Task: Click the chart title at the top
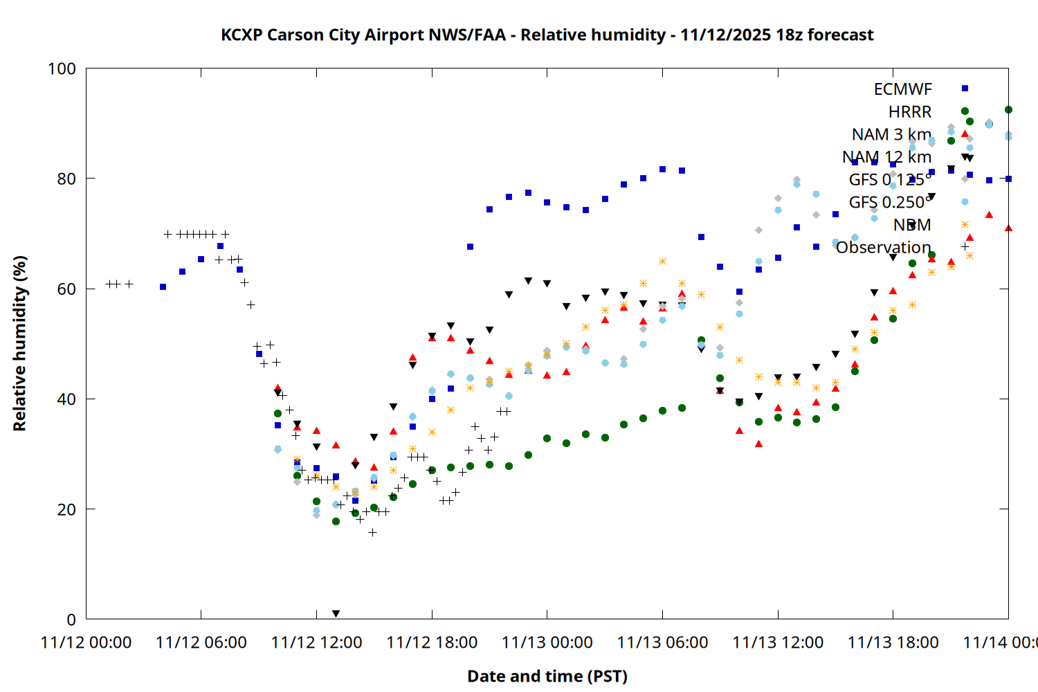click(x=547, y=35)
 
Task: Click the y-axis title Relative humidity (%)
click(x=19, y=343)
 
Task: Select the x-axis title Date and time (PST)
click(x=547, y=676)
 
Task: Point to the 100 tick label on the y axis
click(x=62, y=69)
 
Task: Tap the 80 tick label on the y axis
click(x=66, y=179)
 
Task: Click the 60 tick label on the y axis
click(x=66, y=289)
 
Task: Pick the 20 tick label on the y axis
click(x=66, y=509)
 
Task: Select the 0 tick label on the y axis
click(x=71, y=619)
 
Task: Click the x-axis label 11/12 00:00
click(x=86, y=642)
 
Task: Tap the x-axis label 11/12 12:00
click(x=316, y=642)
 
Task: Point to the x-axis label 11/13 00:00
click(x=547, y=642)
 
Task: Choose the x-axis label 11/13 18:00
click(x=893, y=642)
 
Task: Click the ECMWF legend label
click(x=902, y=89)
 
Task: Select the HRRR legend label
click(x=910, y=112)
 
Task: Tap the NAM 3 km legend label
click(x=891, y=134)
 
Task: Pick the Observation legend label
click(x=883, y=247)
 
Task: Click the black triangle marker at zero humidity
click(x=336, y=614)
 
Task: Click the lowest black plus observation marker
click(x=372, y=532)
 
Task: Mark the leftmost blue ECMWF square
click(x=163, y=286)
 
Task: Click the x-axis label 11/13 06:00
click(x=662, y=642)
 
